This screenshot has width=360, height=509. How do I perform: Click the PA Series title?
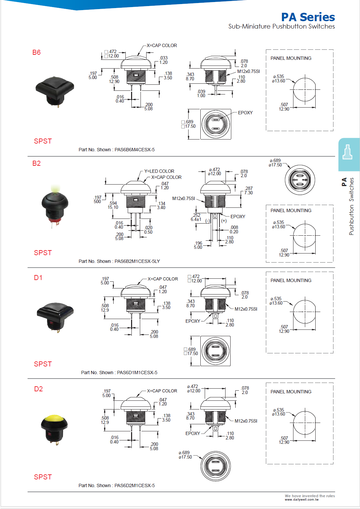(308, 17)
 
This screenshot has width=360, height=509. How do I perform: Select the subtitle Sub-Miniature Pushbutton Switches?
(281, 27)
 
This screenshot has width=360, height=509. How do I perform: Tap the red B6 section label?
(36, 52)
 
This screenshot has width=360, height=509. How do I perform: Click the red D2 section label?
(38, 389)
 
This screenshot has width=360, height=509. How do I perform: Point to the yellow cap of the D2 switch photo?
(54, 419)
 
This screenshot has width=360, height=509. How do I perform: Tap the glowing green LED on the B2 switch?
(54, 190)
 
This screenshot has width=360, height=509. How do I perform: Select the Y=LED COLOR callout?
(159, 171)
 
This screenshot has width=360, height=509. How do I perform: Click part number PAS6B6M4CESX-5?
(134, 150)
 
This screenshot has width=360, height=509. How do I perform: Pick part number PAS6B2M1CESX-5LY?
(137, 261)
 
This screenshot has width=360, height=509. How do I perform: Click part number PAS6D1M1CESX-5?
(137, 373)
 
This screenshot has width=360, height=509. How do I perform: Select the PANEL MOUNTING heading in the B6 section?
(291, 58)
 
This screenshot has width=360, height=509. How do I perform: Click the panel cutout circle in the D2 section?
(305, 423)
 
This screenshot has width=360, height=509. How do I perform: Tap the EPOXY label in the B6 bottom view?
(245, 113)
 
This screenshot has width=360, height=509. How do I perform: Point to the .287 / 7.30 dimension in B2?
(248, 191)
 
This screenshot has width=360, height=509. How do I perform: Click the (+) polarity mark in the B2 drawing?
(224, 221)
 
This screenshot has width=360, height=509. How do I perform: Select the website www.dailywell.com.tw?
(302, 500)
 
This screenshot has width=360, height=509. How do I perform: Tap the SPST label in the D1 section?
(43, 364)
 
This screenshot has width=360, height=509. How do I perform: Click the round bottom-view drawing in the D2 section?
(215, 466)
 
